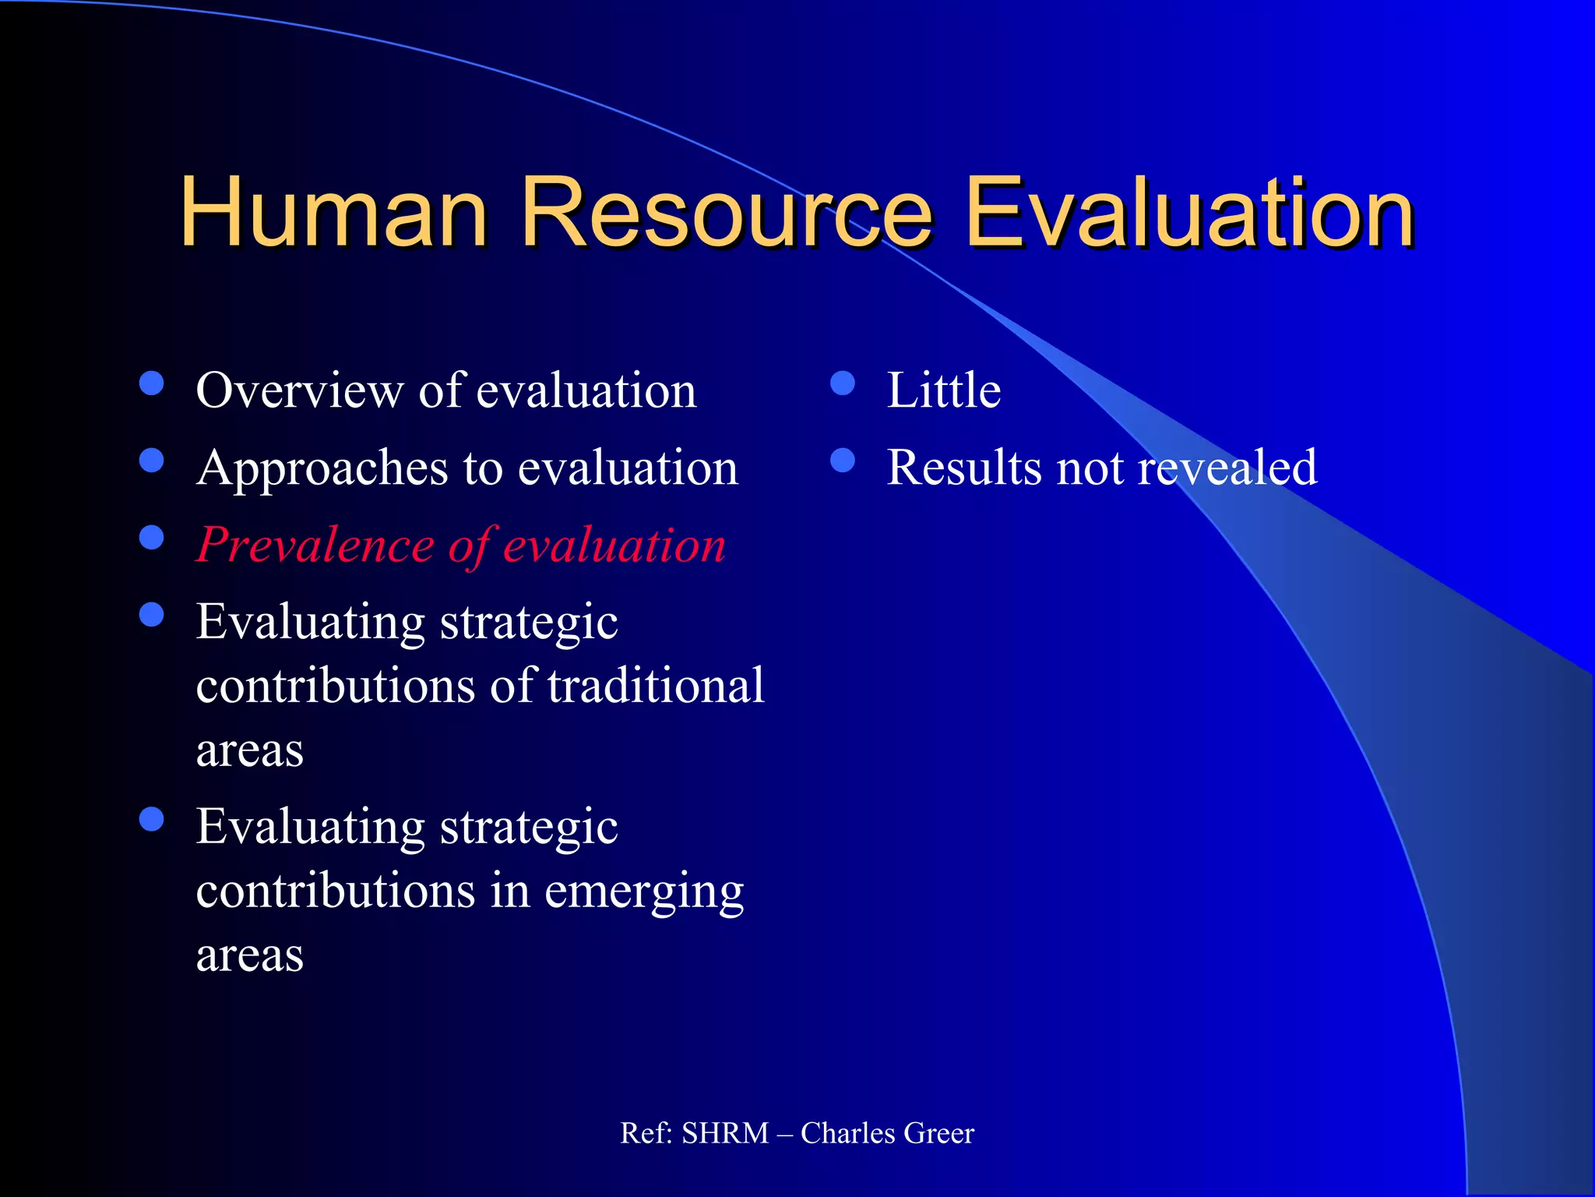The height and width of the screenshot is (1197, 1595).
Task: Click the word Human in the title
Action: pos(333,212)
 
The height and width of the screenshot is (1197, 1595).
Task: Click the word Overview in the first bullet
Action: pos(299,390)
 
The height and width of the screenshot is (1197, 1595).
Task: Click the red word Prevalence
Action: pos(315,545)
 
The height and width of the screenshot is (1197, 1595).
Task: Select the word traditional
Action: pos(656,686)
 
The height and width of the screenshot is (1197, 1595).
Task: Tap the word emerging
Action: pos(643,891)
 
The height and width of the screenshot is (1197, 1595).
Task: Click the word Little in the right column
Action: pos(944,390)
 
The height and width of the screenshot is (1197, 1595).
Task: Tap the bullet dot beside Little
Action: pos(843,383)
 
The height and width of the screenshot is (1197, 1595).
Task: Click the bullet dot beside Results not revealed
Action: pos(843,461)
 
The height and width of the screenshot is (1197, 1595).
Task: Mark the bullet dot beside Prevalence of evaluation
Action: pos(152,538)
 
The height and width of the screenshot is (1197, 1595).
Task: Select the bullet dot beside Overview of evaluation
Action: pos(152,383)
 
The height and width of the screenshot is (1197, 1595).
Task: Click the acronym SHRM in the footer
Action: pos(725,1133)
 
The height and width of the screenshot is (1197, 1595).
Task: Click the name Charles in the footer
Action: pos(847,1133)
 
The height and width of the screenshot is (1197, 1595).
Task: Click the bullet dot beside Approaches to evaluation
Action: pos(152,461)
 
